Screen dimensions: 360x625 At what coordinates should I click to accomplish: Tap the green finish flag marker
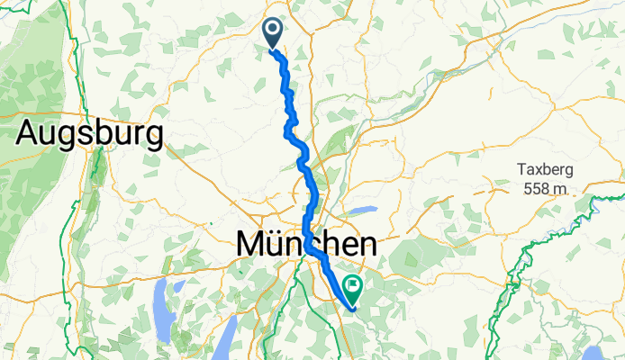point(353,288)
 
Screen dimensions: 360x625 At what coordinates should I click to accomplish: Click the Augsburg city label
point(90,135)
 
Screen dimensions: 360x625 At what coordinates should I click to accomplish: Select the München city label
point(305,244)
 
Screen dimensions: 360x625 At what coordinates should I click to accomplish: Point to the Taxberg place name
point(543,169)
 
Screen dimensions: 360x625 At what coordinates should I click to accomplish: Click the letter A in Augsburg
point(29,135)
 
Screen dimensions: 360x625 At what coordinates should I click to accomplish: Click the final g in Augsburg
point(154,138)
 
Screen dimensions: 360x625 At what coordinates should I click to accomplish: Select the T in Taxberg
point(521,169)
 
